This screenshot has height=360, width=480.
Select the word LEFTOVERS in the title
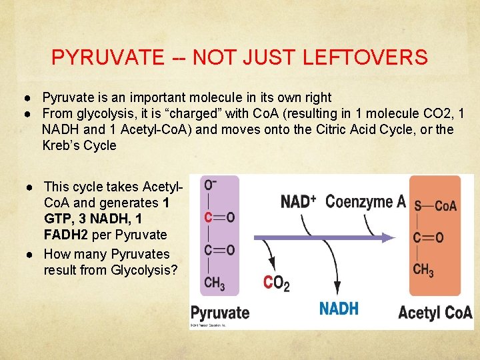point(365,58)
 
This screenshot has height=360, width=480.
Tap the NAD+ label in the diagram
point(298,201)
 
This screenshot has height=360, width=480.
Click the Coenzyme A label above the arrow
point(365,201)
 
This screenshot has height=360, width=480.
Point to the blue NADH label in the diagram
point(339,308)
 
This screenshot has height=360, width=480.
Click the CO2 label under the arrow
point(277,283)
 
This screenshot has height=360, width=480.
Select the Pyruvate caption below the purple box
point(220,313)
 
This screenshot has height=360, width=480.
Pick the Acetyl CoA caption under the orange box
point(435,313)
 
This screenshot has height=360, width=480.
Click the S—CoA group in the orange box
point(435,206)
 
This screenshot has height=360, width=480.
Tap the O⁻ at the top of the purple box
point(209,185)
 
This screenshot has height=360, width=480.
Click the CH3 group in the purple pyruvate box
point(214,283)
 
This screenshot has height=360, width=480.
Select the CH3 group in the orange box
point(423,270)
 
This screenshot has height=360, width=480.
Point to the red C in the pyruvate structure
point(209,217)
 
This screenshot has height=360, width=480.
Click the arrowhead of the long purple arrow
point(401,237)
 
